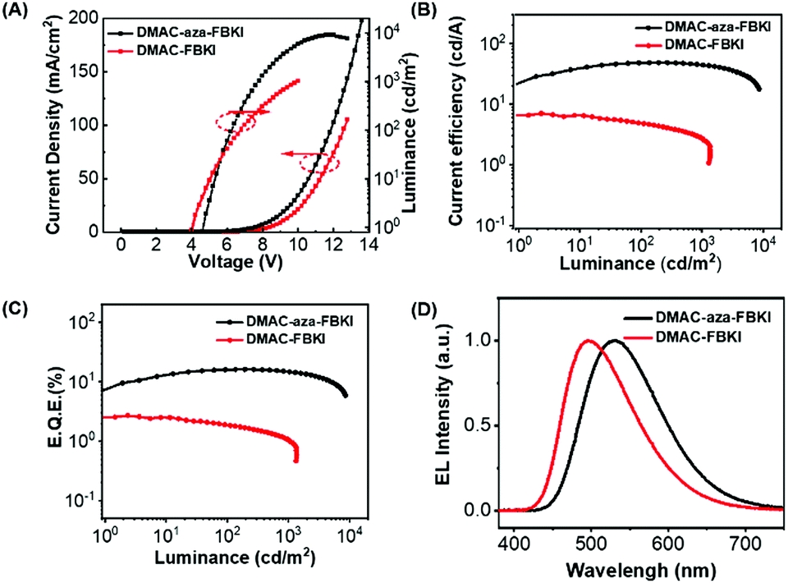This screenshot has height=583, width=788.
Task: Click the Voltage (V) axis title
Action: pyautogui.click(x=231, y=264)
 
